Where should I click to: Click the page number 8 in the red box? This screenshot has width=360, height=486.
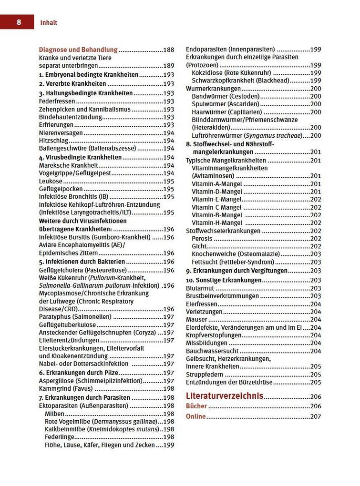pyautogui.click(x=18, y=22)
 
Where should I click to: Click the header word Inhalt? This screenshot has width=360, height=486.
pyautogui.click(x=49, y=22)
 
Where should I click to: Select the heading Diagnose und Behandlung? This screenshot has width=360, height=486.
pyautogui.click(x=78, y=50)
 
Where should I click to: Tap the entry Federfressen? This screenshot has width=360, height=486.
pyautogui.click(x=57, y=101)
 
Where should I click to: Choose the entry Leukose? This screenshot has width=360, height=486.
pyautogui.click(x=51, y=182)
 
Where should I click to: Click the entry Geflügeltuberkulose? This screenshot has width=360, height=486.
pyautogui.click(x=69, y=324)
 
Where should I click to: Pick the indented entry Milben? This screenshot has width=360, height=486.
pyautogui.click(x=55, y=414)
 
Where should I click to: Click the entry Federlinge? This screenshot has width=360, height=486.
pyautogui.click(x=59, y=437)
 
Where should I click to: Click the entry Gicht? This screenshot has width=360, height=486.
pyautogui.click(x=199, y=246)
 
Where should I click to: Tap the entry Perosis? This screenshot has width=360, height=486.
pyautogui.click(x=202, y=239)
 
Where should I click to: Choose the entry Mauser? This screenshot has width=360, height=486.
pyautogui.click(x=196, y=319)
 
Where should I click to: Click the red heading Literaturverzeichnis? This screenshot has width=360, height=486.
pyautogui.click(x=224, y=395)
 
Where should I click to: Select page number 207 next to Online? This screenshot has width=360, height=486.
pyautogui.click(x=316, y=416)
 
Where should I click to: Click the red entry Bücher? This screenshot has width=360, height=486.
pyautogui.click(x=196, y=406)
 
